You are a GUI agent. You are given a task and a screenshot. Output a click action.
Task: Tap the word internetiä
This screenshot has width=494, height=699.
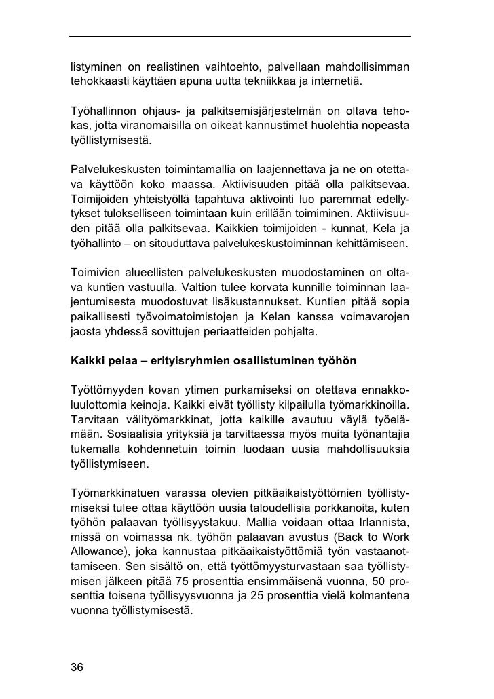pyautogui.click(x=337, y=83)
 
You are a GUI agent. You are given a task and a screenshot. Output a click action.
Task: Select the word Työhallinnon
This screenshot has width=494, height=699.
pyautogui.click(x=102, y=111)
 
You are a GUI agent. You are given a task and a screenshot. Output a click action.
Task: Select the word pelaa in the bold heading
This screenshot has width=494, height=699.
pyautogui.click(x=116, y=362)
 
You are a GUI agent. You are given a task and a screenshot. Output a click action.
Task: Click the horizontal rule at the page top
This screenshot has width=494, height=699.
pyautogui.click(x=240, y=35)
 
